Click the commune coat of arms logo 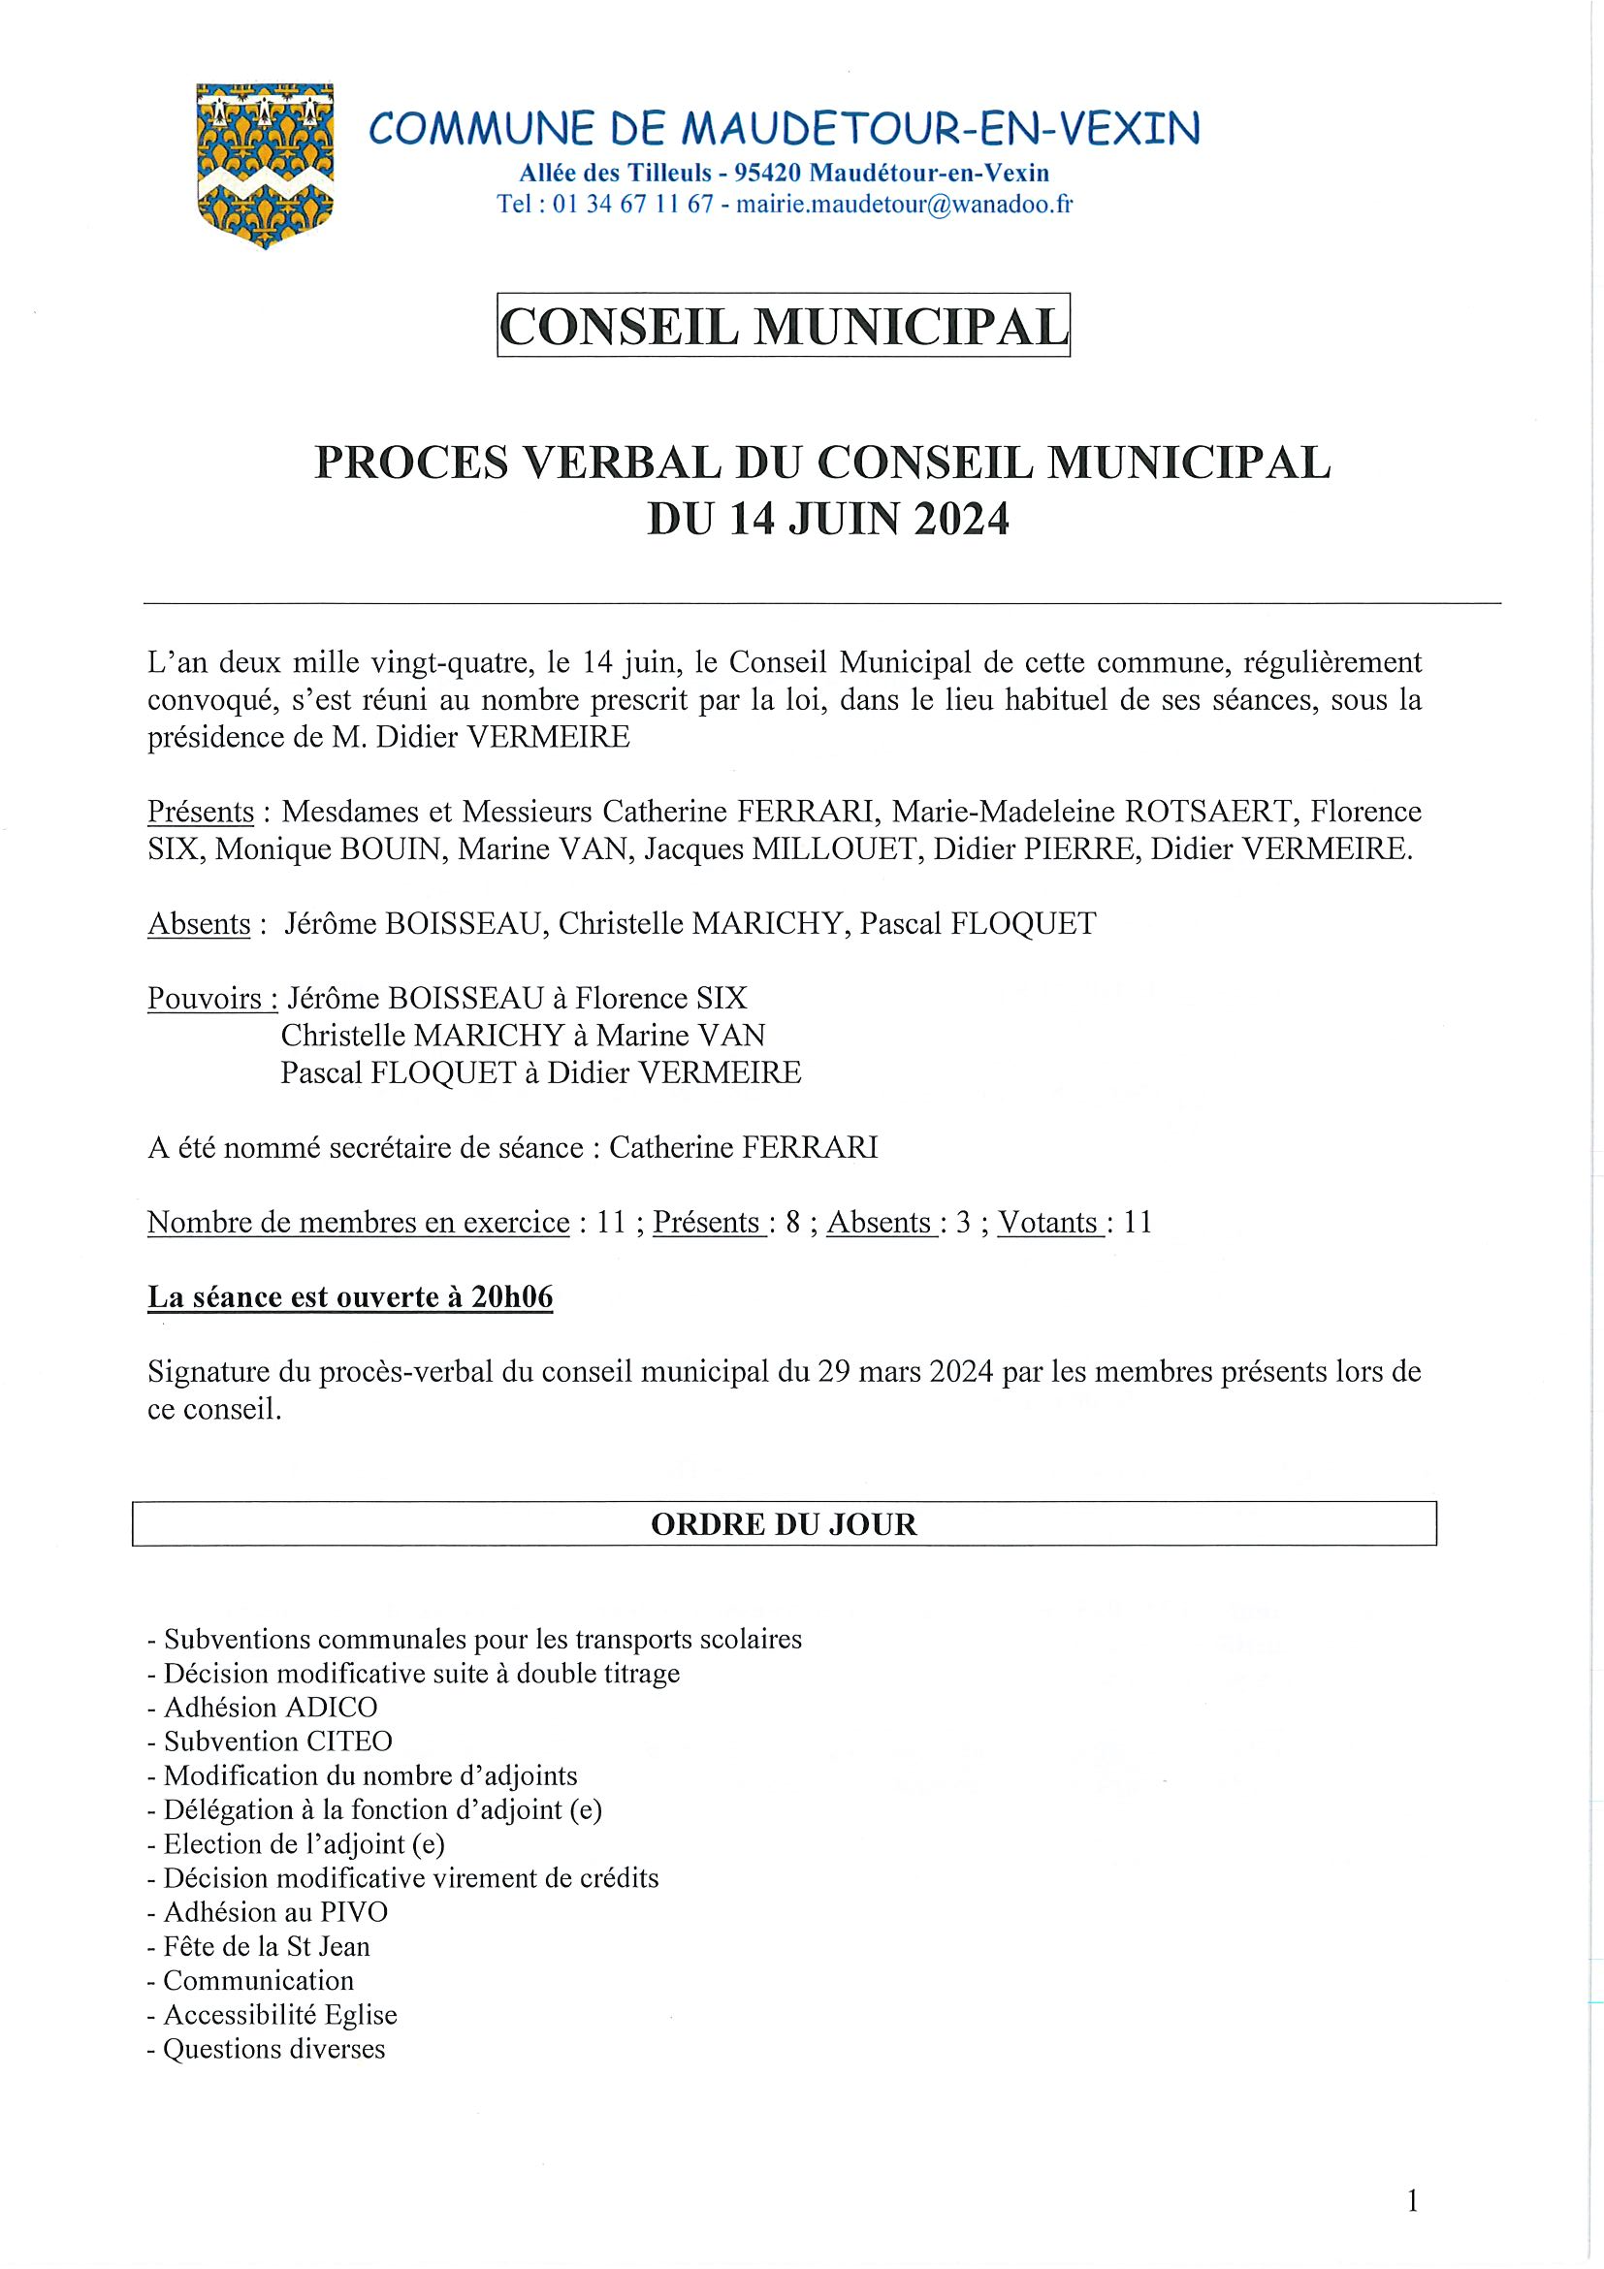pos(265,163)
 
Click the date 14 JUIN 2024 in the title pos(870,519)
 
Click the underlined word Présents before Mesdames pos(201,813)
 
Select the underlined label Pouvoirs pos(211,998)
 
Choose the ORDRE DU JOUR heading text pos(784,1524)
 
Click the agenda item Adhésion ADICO pos(270,1707)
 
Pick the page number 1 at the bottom pos(1412,2200)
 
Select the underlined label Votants pos(1048,1223)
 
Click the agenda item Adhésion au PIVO pos(275,1911)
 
